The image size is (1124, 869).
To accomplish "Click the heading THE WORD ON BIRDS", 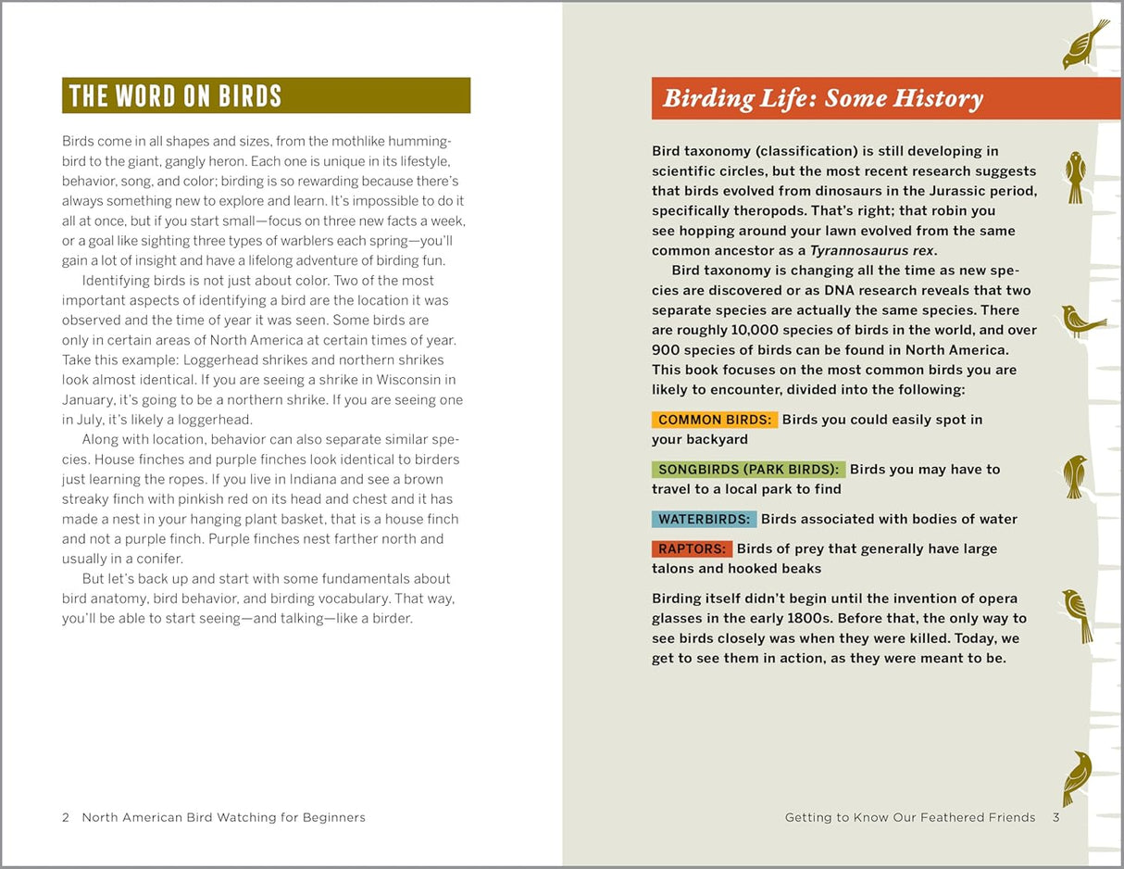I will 175,95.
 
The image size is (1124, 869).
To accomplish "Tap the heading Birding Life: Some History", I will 822,99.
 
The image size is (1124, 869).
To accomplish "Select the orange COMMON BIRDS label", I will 714,420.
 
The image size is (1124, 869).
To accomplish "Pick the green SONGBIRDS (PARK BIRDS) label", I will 748,470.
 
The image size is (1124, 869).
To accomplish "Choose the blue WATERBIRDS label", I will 704,520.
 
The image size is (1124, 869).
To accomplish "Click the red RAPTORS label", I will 692,549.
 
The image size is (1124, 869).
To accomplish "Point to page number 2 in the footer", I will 66,817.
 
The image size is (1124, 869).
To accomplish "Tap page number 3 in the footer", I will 1055,817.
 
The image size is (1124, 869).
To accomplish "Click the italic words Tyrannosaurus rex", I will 871,251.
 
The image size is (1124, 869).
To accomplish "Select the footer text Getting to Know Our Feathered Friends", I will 910,817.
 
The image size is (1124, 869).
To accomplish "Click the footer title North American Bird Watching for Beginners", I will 223,817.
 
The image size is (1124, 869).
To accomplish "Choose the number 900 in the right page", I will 666,351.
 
